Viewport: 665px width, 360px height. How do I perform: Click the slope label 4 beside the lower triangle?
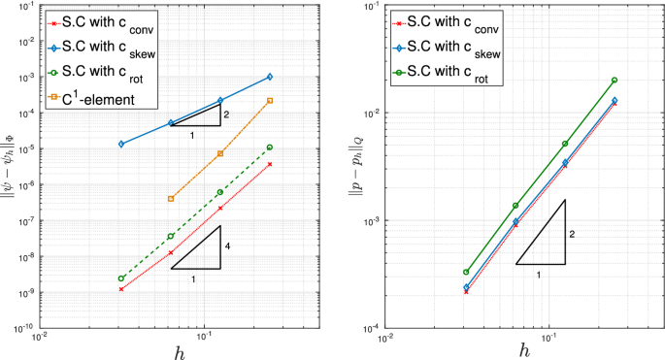227,246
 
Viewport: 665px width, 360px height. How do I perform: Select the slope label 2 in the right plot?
572,234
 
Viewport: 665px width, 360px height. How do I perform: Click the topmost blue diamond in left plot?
269,77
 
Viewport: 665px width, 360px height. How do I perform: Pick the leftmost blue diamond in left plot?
121,144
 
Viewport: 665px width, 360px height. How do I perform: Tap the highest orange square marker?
269,101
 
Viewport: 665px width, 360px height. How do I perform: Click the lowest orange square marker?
171,199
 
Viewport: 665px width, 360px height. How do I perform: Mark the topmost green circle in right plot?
614,81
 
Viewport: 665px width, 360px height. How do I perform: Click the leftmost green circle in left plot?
121,278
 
